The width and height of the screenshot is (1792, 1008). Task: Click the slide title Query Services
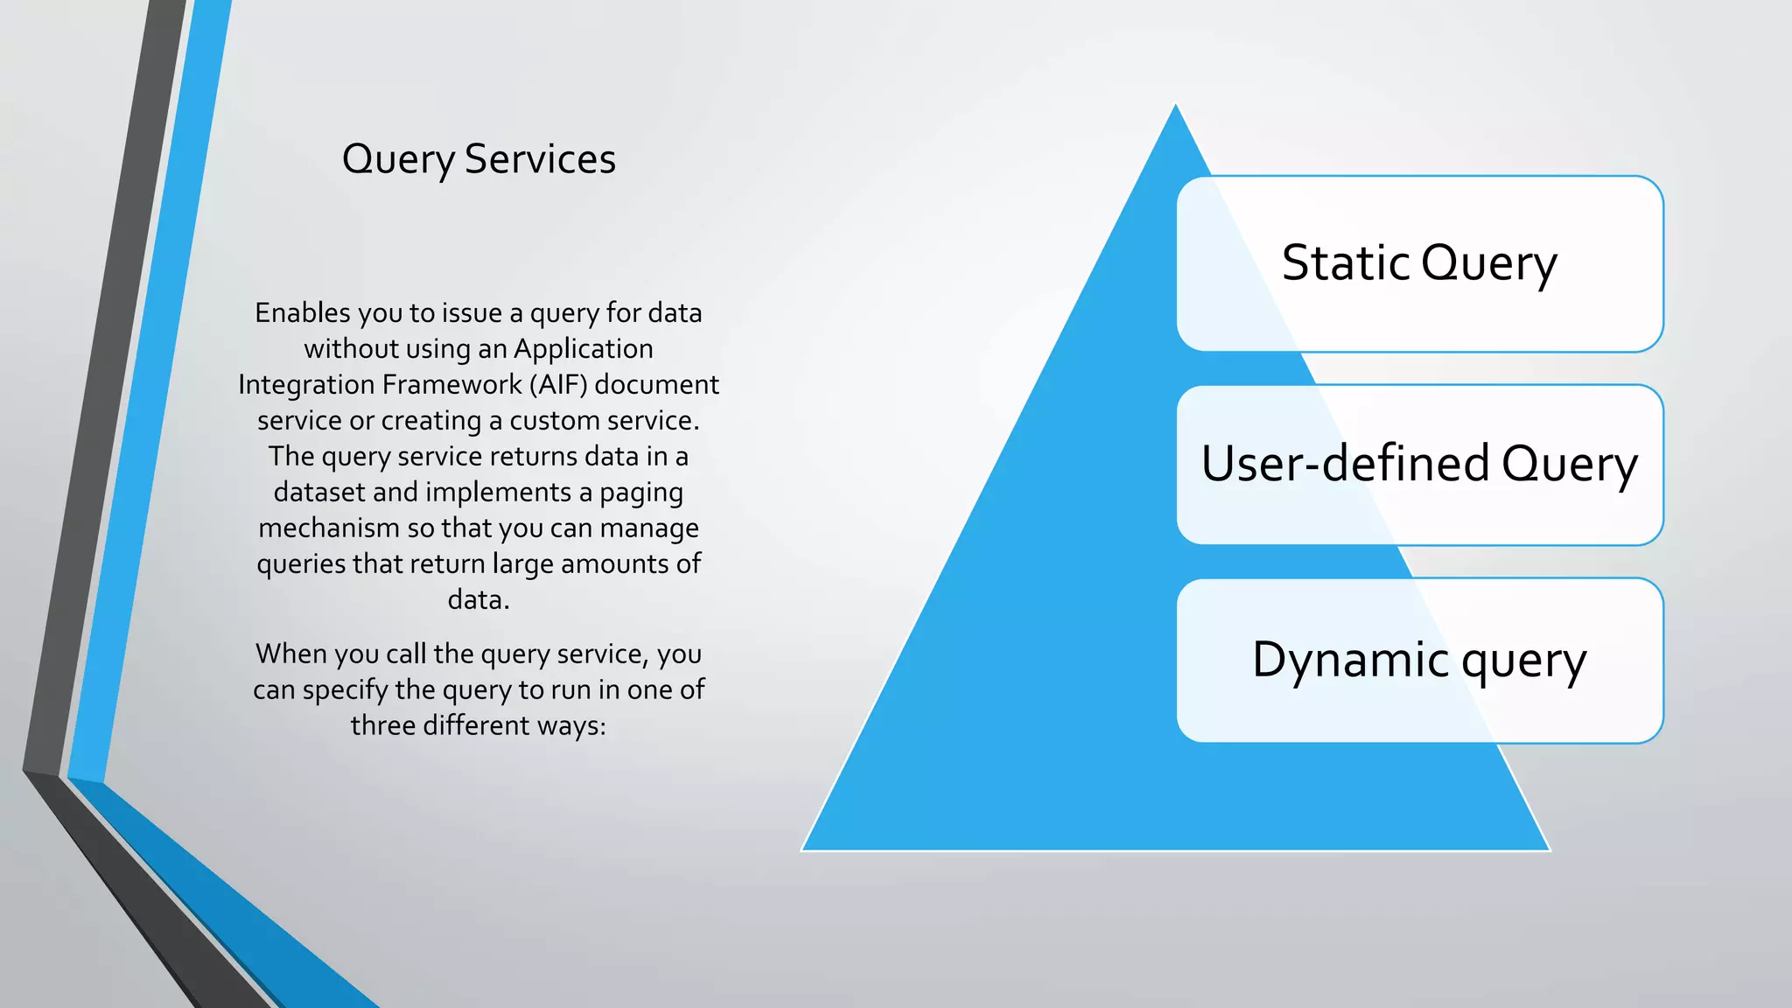[x=479, y=159]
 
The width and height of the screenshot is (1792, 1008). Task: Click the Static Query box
[x=1419, y=263]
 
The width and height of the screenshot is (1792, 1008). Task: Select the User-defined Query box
[x=1419, y=465]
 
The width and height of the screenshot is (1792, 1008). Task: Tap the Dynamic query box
[x=1419, y=661]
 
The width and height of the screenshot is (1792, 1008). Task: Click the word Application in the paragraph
[x=583, y=349]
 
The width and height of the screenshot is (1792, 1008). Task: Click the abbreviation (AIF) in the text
[x=558, y=385]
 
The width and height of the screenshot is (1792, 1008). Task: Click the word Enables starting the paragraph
[x=303, y=313]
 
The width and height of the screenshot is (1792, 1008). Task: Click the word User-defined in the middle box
[x=1345, y=464]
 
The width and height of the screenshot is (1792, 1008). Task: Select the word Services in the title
[x=540, y=159]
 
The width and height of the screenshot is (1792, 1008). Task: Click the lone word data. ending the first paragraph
[x=479, y=600]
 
